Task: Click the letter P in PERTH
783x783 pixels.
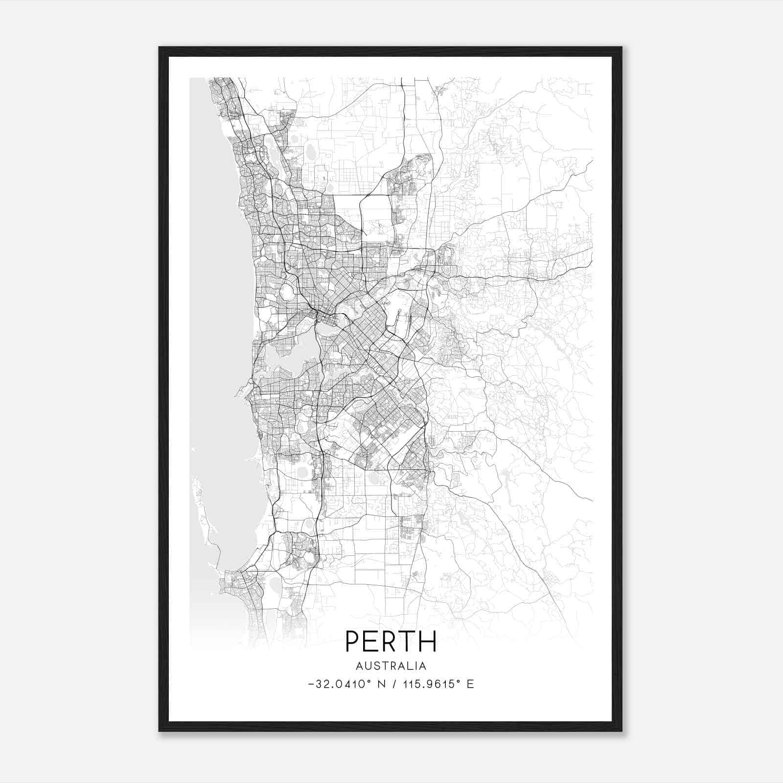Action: click(353, 641)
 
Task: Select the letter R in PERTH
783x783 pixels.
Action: click(391, 641)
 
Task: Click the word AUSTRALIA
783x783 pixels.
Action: click(391, 666)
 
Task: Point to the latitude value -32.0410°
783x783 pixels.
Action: click(338, 684)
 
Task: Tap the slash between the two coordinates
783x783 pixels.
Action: click(394, 684)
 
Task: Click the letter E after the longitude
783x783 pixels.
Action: click(470, 684)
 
